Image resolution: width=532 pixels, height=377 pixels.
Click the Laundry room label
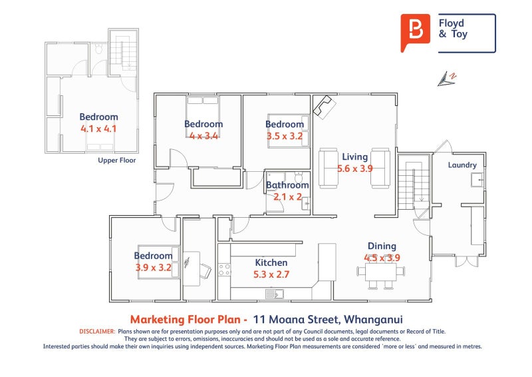coord(462,165)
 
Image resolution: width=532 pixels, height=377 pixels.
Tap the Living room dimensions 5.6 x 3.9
coord(355,169)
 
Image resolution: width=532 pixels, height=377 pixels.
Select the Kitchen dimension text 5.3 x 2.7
coord(271,274)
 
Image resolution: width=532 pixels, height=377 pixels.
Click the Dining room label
coord(382,246)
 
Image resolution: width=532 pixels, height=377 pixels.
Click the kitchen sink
coord(275,294)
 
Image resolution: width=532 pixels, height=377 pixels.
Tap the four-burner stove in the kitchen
coord(224,270)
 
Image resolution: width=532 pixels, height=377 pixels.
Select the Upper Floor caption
coord(117,160)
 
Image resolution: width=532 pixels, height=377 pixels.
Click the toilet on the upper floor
coord(98,49)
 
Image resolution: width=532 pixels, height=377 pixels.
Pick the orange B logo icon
coord(415,32)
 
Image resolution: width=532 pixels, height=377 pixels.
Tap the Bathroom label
coord(287,185)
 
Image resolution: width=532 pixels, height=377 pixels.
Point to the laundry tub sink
coord(477,180)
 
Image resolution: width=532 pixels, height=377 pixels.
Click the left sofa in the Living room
coord(328,168)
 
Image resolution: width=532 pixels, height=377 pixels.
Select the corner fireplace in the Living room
coord(324,107)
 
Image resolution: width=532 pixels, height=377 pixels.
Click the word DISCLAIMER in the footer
coord(97,332)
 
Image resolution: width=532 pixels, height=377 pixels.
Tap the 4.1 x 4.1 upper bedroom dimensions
coord(98,129)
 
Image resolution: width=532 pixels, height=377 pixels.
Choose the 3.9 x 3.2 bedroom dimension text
coord(154,268)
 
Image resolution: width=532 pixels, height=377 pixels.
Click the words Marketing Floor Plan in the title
coord(188,320)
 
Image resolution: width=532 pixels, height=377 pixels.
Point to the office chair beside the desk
coord(205,271)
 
